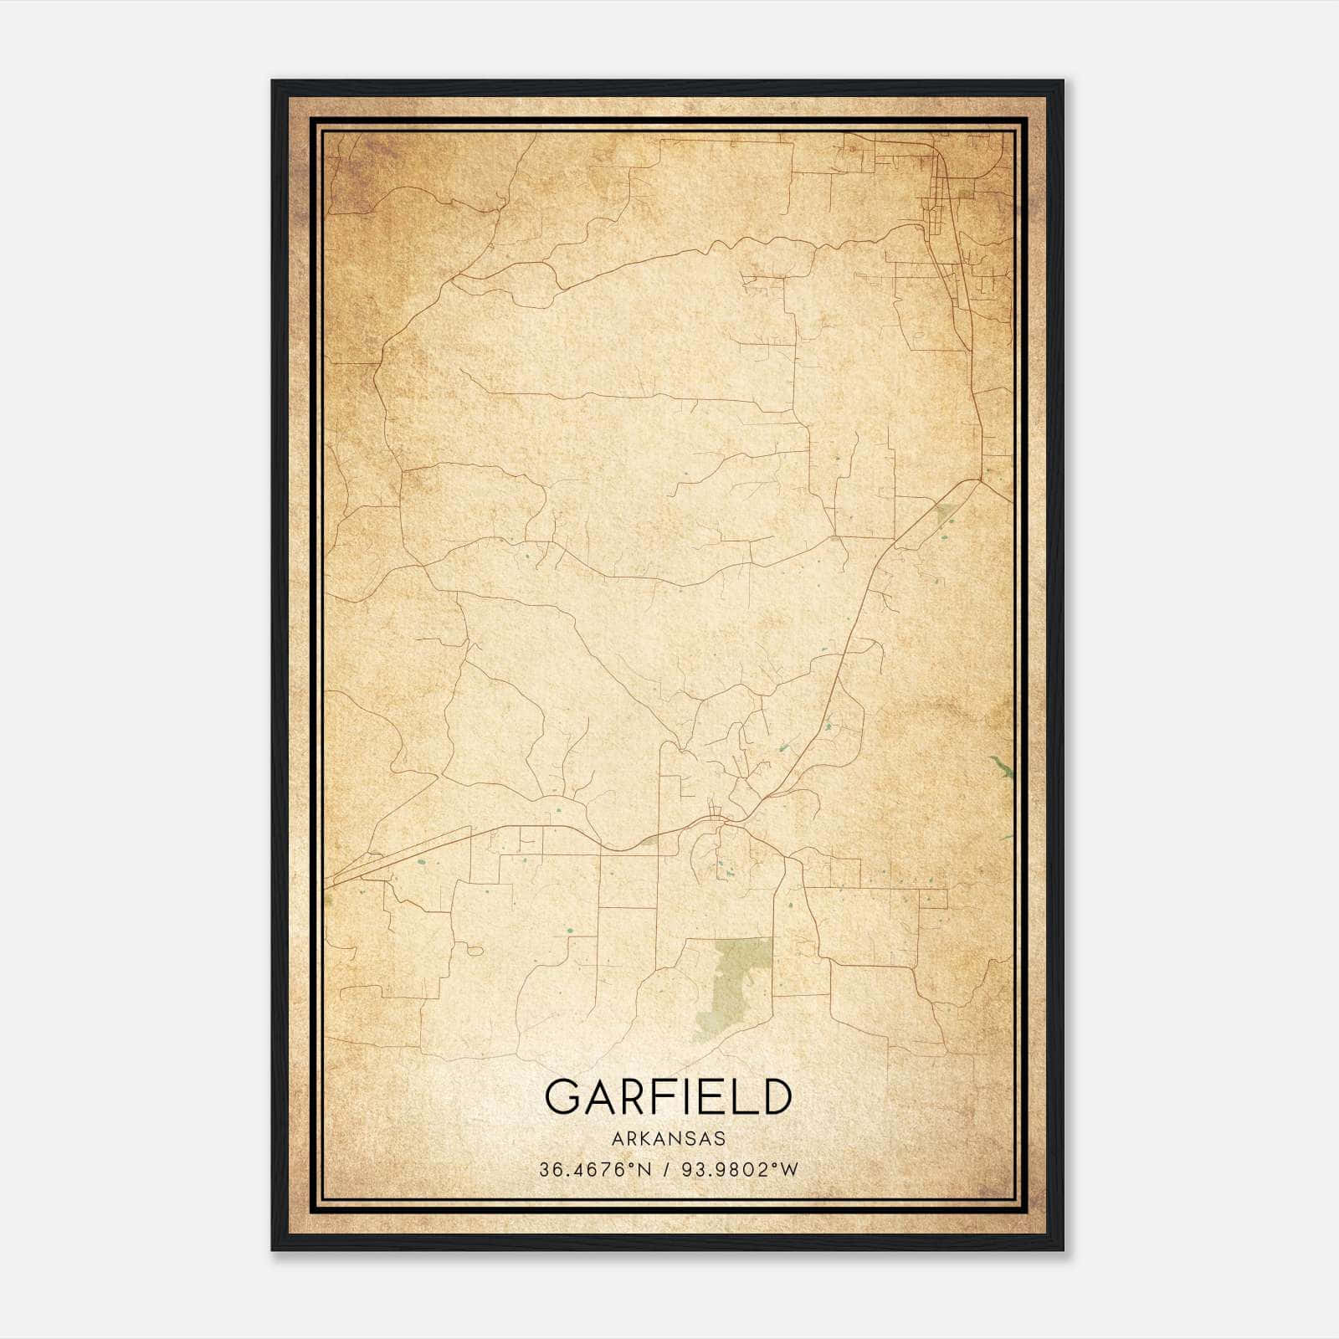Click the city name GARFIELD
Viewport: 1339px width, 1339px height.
click(x=668, y=1096)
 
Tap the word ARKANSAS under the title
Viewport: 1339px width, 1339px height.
click(x=668, y=1139)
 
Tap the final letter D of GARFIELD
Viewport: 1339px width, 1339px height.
click(x=775, y=1096)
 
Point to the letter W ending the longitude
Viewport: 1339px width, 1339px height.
click(x=790, y=1170)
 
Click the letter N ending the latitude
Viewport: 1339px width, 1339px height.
click(x=644, y=1170)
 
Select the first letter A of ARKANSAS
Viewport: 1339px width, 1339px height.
click(x=617, y=1139)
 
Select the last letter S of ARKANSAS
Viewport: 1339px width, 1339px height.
click(x=720, y=1139)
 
